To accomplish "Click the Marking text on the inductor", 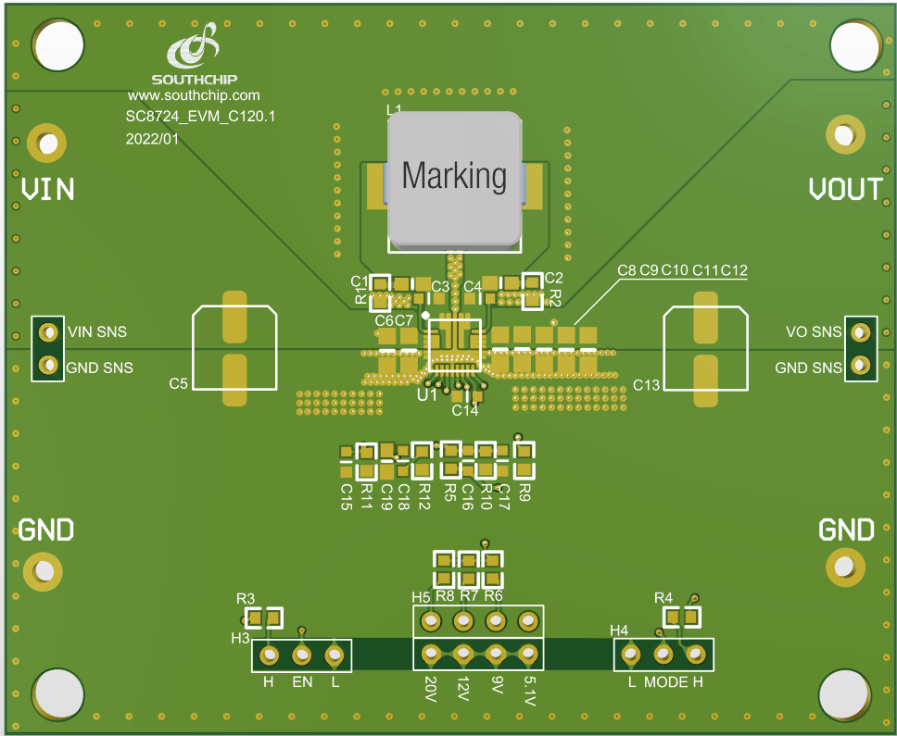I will tap(454, 175).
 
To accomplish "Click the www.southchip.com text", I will tap(194, 95).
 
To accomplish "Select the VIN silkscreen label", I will tap(47, 190).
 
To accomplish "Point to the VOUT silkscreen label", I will tap(845, 189).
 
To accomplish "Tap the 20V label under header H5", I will tap(430, 690).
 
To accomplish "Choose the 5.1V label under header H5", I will tap(529, 692).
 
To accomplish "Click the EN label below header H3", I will tap(302, 682).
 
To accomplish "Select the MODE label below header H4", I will tap(665, 682).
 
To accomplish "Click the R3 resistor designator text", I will tap(246, 599).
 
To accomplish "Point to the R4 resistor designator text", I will tap(663, 597).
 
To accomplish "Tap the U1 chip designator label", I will tap(427, 395).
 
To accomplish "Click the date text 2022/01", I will tap(153, 139).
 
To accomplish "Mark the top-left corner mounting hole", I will tap(58, 44).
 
